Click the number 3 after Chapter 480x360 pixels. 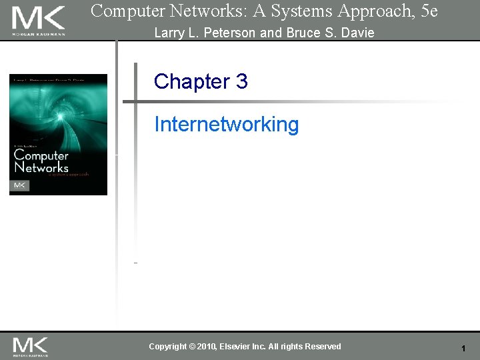coord(241,81)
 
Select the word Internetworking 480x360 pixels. coord(227,124)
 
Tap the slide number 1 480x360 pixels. coord(463,349)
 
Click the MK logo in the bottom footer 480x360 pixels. coord(30,346)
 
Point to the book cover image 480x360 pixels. coord(58,134)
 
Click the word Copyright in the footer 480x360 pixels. coord(168,347)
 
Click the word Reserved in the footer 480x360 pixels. coord(323,347)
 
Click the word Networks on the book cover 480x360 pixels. coord(41,167)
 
